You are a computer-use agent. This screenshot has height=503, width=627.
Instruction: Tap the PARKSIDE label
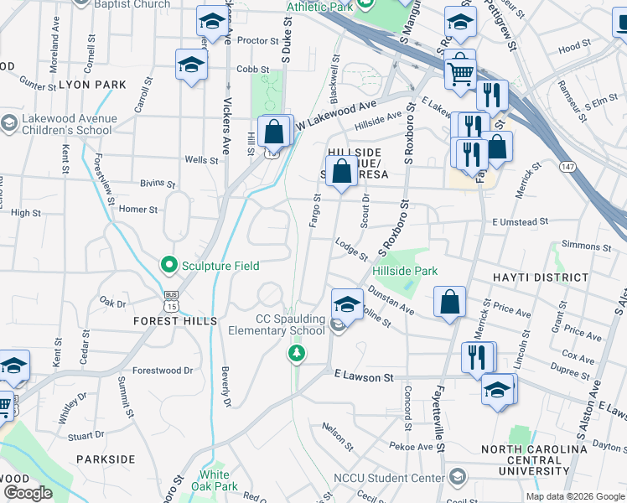pos(105,459)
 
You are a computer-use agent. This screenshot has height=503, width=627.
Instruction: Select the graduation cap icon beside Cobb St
pos(191,65)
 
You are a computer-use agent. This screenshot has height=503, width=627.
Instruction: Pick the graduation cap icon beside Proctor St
pos(212,23)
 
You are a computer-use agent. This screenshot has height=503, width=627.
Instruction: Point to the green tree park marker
pos(296,355)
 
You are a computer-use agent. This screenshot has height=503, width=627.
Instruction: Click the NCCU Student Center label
pos(389,478)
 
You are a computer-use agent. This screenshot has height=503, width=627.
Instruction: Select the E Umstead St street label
pos(521,222)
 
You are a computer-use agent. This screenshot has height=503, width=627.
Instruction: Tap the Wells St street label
pos(201,159)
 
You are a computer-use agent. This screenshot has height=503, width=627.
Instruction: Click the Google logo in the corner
pos(28,493)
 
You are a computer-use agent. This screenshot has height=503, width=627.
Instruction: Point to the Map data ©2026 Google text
pos(574,496)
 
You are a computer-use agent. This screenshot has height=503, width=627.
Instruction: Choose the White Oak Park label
pos(215,480)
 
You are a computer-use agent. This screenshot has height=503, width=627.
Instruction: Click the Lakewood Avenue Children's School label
pos(64,124)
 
